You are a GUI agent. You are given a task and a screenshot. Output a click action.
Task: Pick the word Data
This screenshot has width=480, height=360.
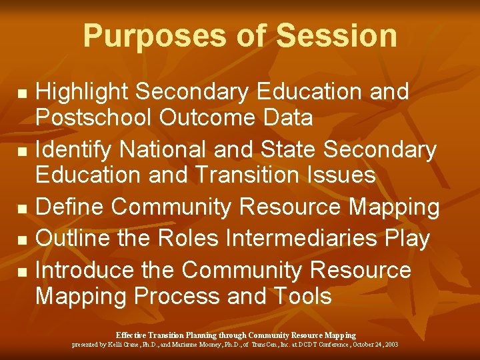[x=289, y=118]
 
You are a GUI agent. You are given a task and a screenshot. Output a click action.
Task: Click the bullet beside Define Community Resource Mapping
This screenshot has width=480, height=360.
[x=22, y=209]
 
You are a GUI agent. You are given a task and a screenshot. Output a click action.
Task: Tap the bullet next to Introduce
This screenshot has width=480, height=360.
[x=22, y=271]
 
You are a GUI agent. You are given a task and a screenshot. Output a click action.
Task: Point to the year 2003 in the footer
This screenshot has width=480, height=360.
[x=391, y=345]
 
